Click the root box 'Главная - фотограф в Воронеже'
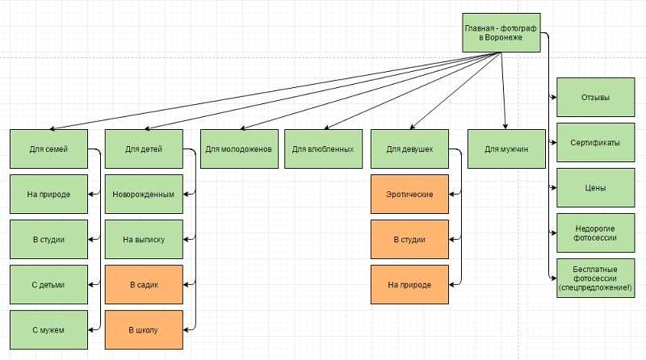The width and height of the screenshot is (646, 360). click(x=501, y=32)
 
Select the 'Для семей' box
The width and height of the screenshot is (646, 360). click(x=48, y=149)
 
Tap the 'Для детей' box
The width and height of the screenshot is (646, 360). click(x=144, y=149)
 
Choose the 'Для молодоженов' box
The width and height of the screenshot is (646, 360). click(x=239, y=149)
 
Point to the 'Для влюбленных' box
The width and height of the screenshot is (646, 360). click(x=324, y=149)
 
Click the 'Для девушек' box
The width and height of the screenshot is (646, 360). click(x=409, y=149)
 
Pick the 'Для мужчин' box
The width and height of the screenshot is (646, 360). click(x=506, y=149)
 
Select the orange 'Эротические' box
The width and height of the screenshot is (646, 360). click(x=409, y=194)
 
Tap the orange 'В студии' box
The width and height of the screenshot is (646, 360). click(x=409, y=239)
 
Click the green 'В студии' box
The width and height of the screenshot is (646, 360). click(x=48, y=239)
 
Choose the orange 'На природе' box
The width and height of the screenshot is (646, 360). click(x=409, y=285)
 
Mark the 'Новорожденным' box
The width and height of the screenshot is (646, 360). click(x=144, y=194)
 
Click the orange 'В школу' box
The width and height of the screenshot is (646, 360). click(x=144, y=330)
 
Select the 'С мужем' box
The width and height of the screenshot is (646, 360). click(x=48, y=330)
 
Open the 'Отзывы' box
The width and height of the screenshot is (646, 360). click(x=595, y=97)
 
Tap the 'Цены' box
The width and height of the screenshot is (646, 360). click(x=595, y=188)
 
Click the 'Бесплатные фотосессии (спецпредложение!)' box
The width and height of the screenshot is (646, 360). click(x=595, y=278)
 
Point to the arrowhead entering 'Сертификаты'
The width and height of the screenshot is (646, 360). click(x=554, y=143)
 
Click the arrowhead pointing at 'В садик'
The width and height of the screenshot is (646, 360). click(x=186, y=285)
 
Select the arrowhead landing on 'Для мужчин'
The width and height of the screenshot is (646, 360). click(x=505, y=127)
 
